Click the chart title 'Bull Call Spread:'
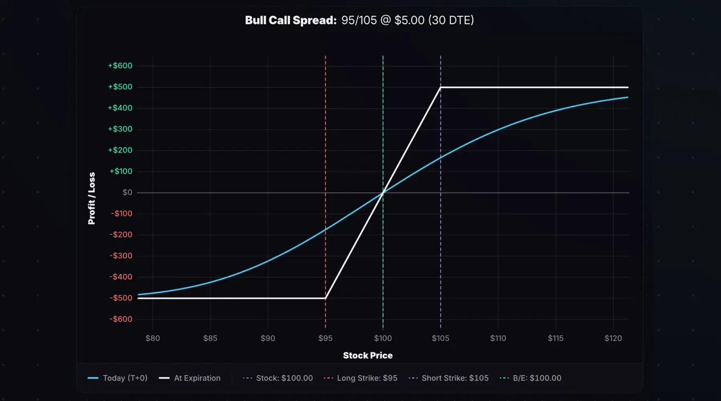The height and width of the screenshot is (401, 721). pos(290,20)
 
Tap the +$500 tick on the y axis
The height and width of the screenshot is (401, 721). pos(120,87)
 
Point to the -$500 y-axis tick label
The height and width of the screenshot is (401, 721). pos(121,298)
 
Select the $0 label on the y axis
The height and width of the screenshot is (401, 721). pos(127,192)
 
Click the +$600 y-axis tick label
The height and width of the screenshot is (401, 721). pos(120,66)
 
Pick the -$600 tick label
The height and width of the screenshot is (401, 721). pos(121,319)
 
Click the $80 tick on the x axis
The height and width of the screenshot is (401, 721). pos(153,338)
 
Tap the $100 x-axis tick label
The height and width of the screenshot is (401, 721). pos(383,338)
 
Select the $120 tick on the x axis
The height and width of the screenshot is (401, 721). pos(613,338)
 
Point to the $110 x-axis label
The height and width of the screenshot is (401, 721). pos(498,338)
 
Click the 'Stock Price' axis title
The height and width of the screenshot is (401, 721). pos(368,355)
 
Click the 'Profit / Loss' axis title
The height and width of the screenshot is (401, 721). pos(92,198)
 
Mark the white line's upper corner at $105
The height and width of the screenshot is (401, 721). pos(441,87)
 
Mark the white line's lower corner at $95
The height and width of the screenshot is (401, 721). pos(325,298)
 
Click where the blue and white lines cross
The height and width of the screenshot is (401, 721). pos(383,193)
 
